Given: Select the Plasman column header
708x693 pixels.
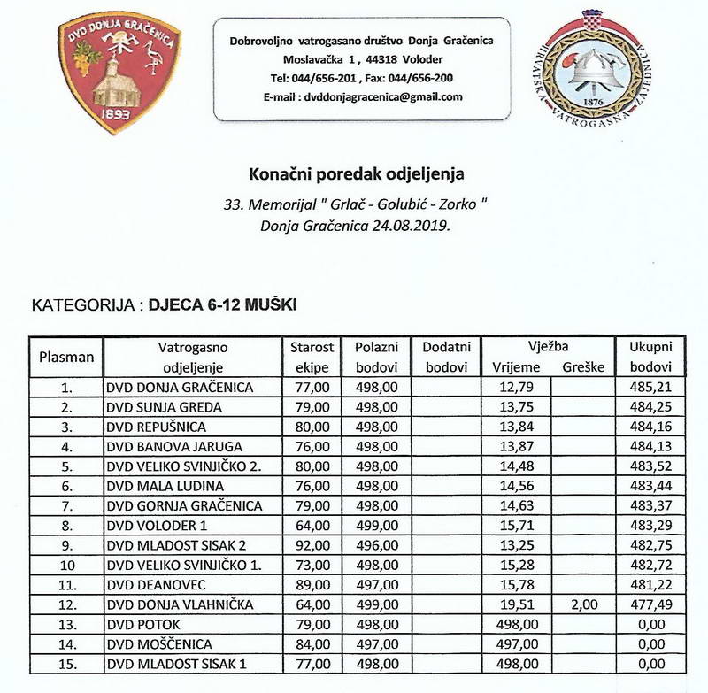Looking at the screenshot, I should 66,357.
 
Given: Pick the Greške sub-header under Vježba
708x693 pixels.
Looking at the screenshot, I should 581,366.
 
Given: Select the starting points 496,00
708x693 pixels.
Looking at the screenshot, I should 377,544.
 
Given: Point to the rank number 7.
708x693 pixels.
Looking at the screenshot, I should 66,504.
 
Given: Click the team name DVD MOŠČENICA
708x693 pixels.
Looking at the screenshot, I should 160,642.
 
